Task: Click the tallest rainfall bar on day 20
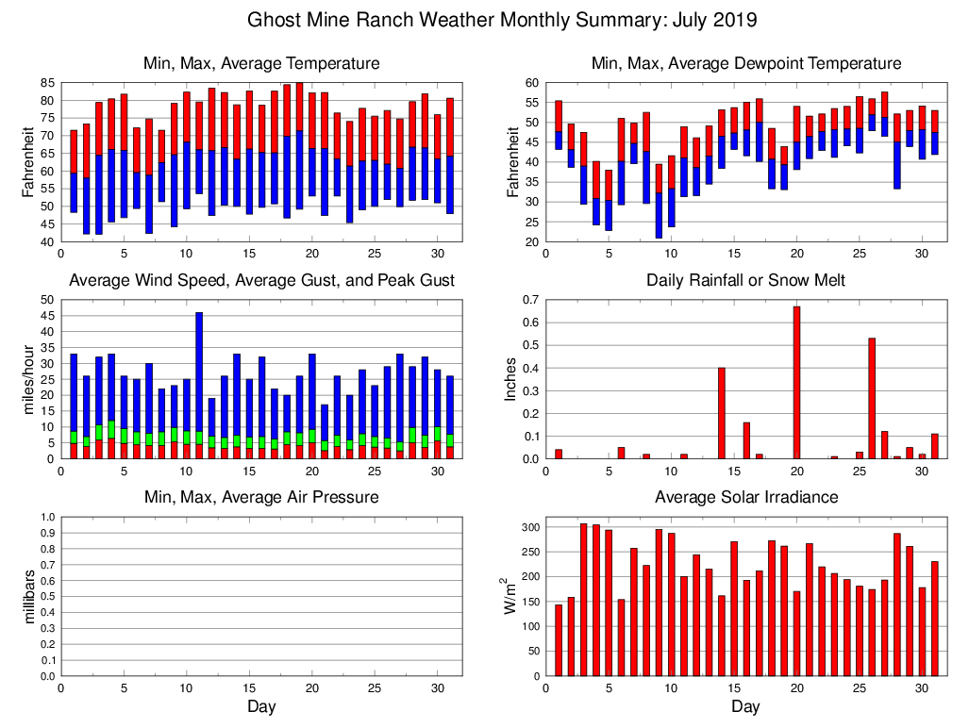[x=796, y=383]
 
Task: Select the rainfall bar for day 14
[x=722, y=413]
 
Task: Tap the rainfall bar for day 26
[x=872, y=398]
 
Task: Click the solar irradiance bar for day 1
[x=559, y=640]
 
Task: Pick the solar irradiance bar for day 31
[x=934, y=619]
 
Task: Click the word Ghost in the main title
[x=275, y=20]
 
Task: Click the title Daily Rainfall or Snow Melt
[x=745, y=280]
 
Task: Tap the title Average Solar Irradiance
[x=745, y=497]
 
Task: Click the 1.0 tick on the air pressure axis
[x=43, y=517]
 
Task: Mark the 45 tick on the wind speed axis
[x=43, y=316]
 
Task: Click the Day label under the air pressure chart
[x=261, y=706]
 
